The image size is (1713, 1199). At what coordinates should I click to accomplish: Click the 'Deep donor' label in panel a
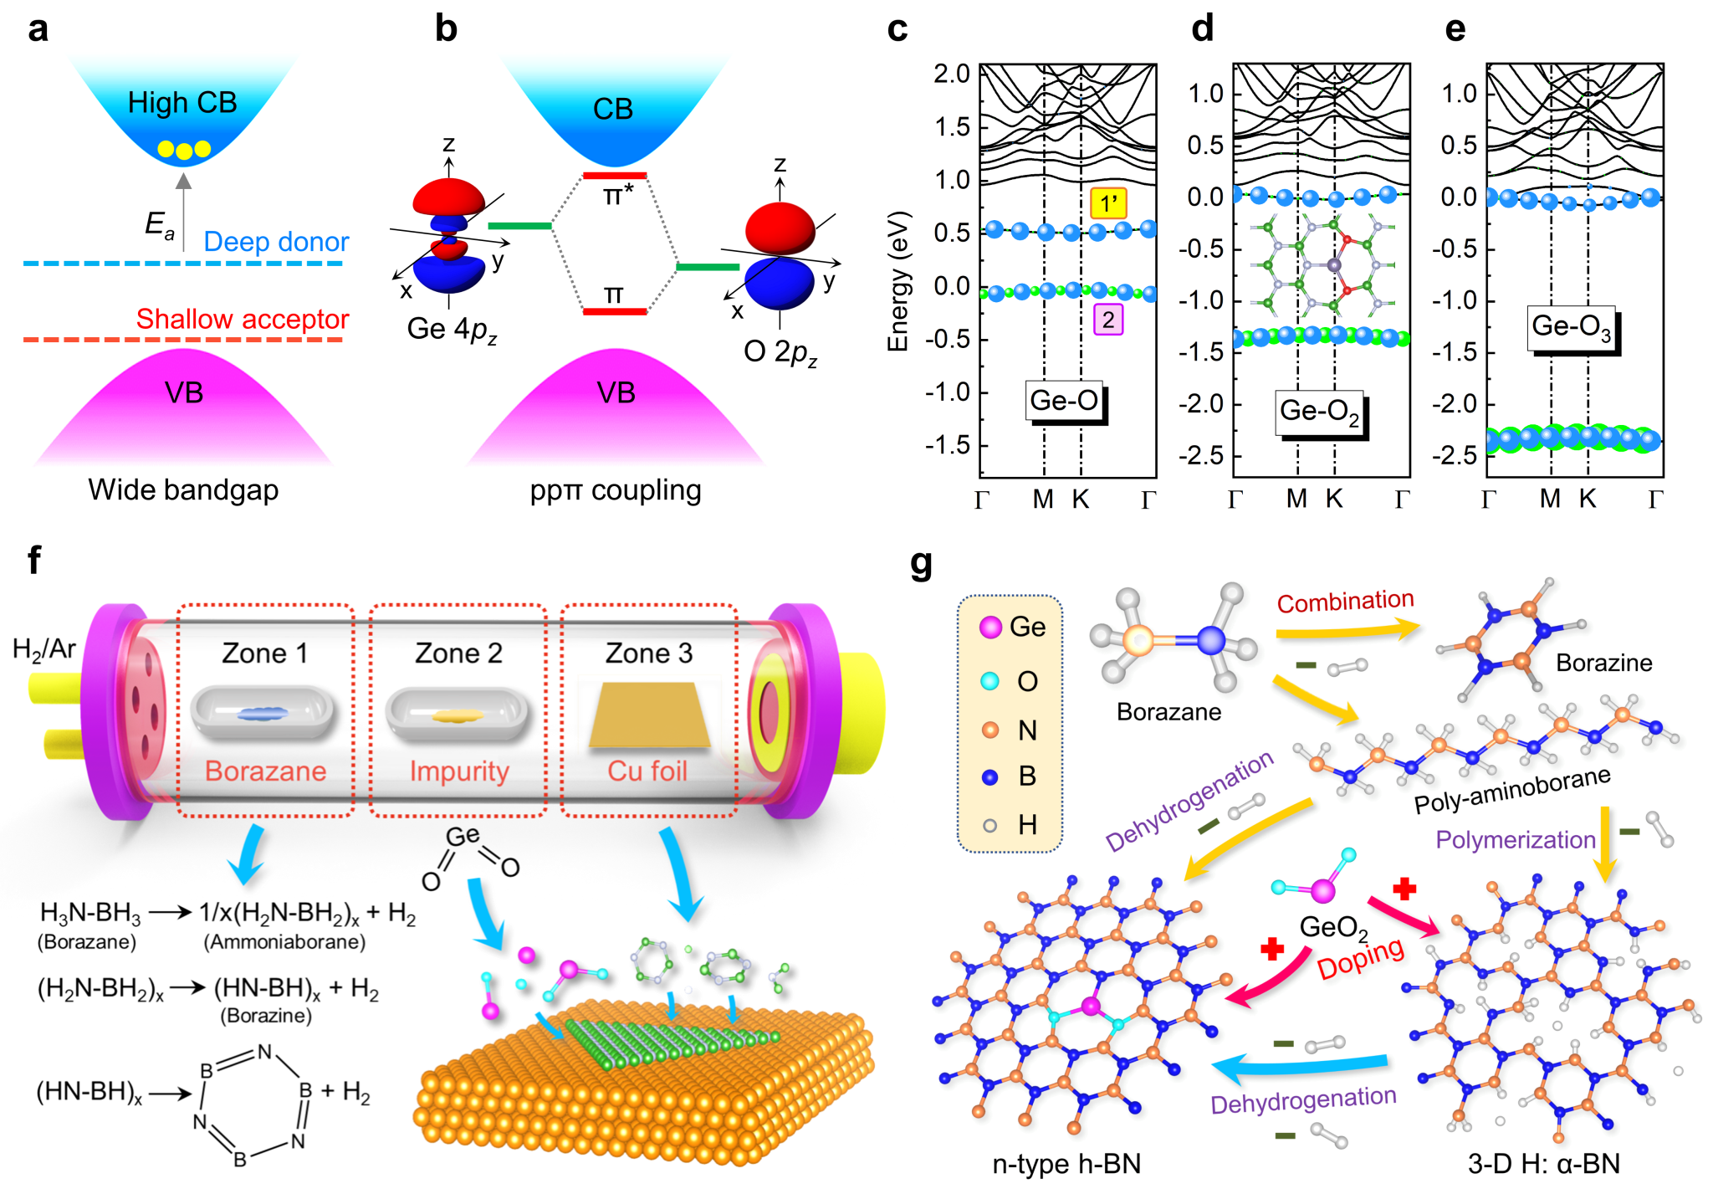(x=276, y=242)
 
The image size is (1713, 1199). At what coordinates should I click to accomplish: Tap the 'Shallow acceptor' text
(x=242, y=319)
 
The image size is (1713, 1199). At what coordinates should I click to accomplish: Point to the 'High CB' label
(x=182, y=103)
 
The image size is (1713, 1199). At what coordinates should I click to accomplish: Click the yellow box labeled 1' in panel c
(x=1108, y=203)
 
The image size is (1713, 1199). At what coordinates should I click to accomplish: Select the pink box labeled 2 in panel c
(x=1108, y=320)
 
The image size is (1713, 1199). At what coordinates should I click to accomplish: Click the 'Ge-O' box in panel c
(x=1064, y=401)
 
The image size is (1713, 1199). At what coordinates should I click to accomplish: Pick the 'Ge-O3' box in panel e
(x=1572, y=326)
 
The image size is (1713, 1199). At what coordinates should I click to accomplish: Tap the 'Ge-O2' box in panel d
(x=1319, y=412)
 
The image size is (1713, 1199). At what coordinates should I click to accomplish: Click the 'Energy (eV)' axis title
(x=897, y=281)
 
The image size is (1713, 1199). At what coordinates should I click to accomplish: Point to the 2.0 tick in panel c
(x=952, y=74)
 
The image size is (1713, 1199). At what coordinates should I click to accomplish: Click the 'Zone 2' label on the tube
(x=458, y=653)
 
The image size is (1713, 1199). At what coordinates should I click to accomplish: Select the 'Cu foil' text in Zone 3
(x=647, y=771)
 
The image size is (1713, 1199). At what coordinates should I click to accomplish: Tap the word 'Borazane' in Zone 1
(x=265, y=771)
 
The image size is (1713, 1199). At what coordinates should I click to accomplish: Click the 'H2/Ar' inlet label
(x=44, y=648)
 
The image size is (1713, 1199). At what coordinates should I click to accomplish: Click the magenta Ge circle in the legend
(x=990, y=628)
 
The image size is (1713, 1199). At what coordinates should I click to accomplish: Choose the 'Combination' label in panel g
(x=1345, y=602)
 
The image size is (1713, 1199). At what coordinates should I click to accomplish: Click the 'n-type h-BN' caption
(x=1066, y=1164)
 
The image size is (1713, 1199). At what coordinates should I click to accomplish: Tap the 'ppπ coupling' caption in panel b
(x=616, y=490)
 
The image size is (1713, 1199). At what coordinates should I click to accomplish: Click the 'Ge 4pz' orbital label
(x=452, y=330)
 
